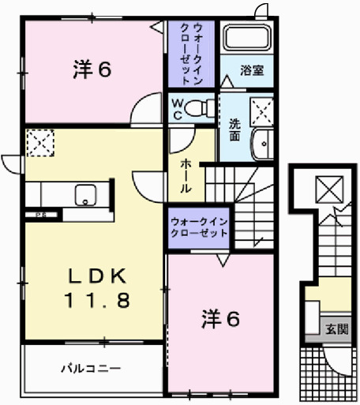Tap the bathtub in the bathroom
point(246,37)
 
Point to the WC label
point(176,107)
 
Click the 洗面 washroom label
point(235,128)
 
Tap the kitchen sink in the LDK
point(84,193)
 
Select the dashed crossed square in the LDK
point(38,143)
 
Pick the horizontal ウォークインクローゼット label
point(198,227)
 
